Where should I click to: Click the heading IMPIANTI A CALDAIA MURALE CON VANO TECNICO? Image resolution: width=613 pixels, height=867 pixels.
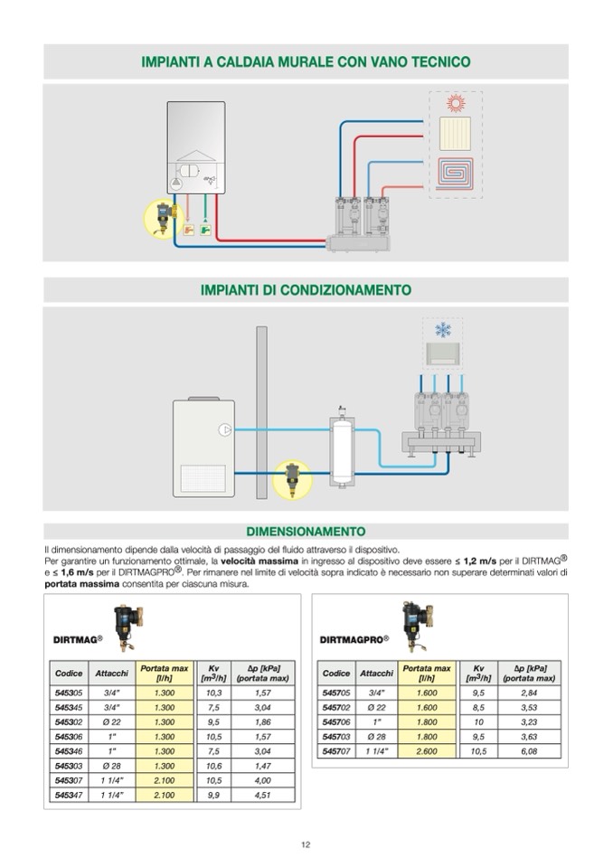click(x=306, y=62)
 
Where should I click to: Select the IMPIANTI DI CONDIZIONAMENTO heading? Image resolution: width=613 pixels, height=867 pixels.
click(x=306, y=290)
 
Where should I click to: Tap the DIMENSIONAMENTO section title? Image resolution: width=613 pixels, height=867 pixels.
click(x=306, y=532)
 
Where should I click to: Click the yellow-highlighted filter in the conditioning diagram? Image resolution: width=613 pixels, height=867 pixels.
click(x=292, y=477)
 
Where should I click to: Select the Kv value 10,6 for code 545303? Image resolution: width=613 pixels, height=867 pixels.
click(x=213, y=766)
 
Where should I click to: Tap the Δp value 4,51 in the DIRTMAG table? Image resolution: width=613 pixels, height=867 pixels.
click(x=262, y=795)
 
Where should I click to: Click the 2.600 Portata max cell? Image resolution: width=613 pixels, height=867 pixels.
click(x=427, y=751)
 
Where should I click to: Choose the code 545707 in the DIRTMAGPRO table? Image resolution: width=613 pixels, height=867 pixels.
click(x=336, y=751)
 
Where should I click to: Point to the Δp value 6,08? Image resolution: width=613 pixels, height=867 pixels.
click(x=529, y=751)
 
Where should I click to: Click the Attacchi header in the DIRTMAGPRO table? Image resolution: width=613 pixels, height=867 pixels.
click(x=376, y=673)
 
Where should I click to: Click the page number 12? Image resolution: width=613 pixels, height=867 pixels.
click(x=306, y=844)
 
